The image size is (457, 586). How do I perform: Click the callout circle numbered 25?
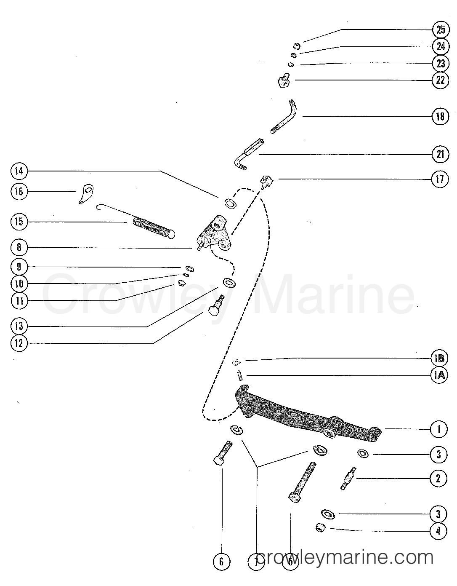pyautogui.click(x=440, y=29)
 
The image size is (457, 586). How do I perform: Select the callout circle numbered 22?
pyautogui.click(x=440, y=80)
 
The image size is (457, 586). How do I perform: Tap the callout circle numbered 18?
pyautogui.click(x=440, y=116)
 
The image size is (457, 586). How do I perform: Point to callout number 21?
pyautogui.click(x=440, y=155)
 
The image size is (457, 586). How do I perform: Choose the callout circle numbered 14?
pyautogui.click(x=19, y=171)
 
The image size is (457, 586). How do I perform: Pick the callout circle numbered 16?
pyautogui.click(x=19, y=191)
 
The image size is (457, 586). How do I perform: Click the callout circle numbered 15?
pyautogui.click(x=19, y=222)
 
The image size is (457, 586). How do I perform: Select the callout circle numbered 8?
pyautogui.click(x=19, y=247)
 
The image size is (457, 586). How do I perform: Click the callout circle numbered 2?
pyautogui.click(x=438, y=478)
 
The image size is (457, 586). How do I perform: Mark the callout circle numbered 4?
pyautogui.click(x=438, y=531)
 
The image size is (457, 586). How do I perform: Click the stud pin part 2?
pyautogui.click(x=349, y=478)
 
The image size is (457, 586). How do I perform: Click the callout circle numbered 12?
pyautogui.click(x=19, y=343)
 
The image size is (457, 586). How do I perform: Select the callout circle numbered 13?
pyautogui.click(x=19, y=326)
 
